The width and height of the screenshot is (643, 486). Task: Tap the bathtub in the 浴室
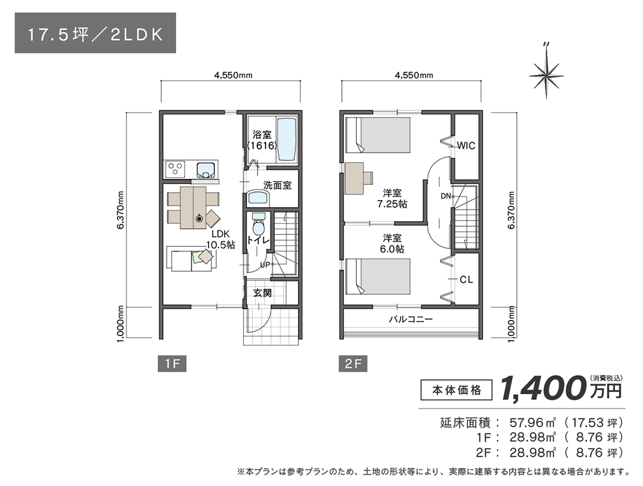pyautogui.click(x=286, y=139)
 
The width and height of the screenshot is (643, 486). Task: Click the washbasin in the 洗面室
pyautogui.click(x=258, y=198)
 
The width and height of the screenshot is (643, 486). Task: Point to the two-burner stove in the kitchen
pyautogui.click(x=175, y=169)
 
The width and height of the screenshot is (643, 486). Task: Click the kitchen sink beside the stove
pyautogui.click(x=205, y=169)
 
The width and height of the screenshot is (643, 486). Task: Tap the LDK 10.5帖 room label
pyautogui.click(x=222, y=239)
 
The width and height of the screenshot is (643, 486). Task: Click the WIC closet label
pyautogui.click(x=465, y=146)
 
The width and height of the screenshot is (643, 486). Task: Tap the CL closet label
pyautogui.click(x=466, y=280)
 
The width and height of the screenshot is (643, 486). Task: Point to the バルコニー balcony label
pyautogui.click(x=411, y=320)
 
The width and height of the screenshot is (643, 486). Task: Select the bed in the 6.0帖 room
pyautogui.click(x=379, y=276)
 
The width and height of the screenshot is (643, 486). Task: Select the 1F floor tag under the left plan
pyautogui.click(x=172, y=364)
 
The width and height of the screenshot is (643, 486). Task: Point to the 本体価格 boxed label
pyautogui.click(x=456, y=390)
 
